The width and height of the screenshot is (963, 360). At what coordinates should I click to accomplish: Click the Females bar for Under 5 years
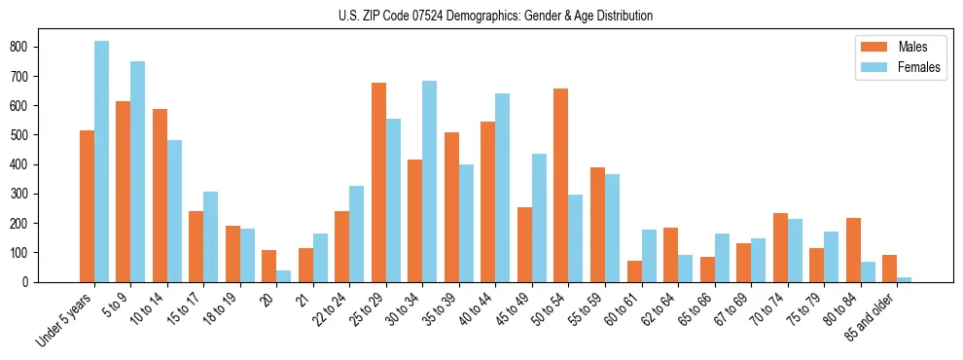point(101,162)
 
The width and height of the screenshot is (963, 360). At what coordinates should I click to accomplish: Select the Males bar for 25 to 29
point(378,182)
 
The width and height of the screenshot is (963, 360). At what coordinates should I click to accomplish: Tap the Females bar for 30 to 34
point(429,181)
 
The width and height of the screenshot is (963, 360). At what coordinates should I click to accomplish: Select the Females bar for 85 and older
point(904,279)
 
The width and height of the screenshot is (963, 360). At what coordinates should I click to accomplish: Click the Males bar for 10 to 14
point(160,196)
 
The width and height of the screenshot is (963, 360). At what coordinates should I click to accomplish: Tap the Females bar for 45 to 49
point(539,218)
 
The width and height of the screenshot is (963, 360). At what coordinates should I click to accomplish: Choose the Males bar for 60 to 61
point(634,271)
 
